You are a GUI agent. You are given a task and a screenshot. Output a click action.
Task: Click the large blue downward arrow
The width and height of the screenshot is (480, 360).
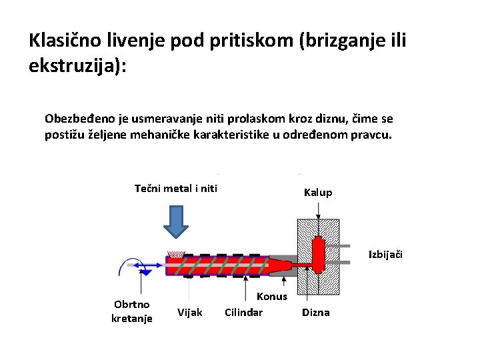tap(177, 221)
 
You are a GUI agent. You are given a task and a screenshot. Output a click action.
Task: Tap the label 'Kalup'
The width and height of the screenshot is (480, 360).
tap(317, 193)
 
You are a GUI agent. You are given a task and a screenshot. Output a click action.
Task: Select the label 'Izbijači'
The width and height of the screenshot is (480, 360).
tap(386, 254)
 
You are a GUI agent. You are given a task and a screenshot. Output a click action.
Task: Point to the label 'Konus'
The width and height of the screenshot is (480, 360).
tap(272, 297)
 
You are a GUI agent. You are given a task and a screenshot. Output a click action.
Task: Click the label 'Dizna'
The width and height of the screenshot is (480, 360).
tap(316, 312)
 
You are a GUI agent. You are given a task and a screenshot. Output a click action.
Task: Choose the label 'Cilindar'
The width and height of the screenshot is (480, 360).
tap(243, 312)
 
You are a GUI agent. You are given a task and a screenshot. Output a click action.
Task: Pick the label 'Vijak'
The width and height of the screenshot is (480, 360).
tap(190, 312)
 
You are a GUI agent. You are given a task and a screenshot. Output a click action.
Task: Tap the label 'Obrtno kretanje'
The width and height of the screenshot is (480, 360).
tap(132, 311)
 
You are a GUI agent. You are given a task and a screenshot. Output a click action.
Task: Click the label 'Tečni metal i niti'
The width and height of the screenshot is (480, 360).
tap(176, 188)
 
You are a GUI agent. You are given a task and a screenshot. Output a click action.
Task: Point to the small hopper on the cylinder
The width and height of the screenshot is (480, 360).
tap(176, 254)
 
